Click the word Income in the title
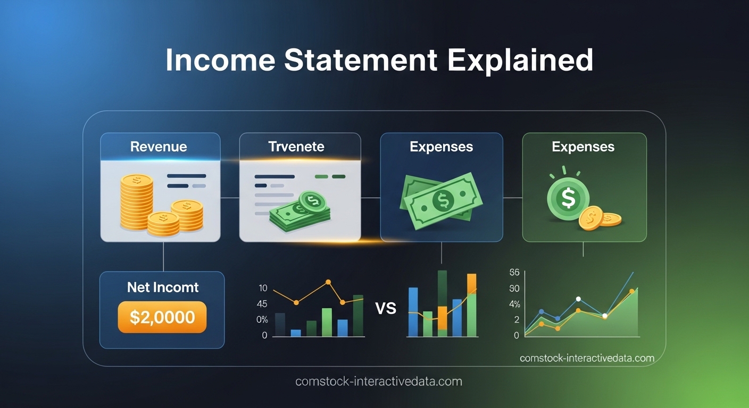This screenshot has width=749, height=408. [220, 60]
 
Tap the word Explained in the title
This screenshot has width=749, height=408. [520, 60]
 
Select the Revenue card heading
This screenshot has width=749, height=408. [159, 147]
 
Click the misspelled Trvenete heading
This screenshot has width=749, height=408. [297, 147]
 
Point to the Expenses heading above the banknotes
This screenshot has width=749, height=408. [441, 147]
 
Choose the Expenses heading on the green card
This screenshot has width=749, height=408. [583, 147]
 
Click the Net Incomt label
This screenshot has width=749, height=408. [163, 287]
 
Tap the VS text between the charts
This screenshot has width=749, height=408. [386, 308]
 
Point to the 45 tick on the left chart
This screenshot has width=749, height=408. [262, 304]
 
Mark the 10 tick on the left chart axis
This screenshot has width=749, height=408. [262, 288]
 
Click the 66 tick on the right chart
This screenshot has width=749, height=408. [514, 273]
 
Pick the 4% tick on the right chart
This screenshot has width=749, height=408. [514, 304]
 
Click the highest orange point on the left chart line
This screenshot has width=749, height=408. [328, 282]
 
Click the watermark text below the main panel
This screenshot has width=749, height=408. [378, 381]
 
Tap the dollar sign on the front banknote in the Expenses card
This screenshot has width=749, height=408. [443, 201]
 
